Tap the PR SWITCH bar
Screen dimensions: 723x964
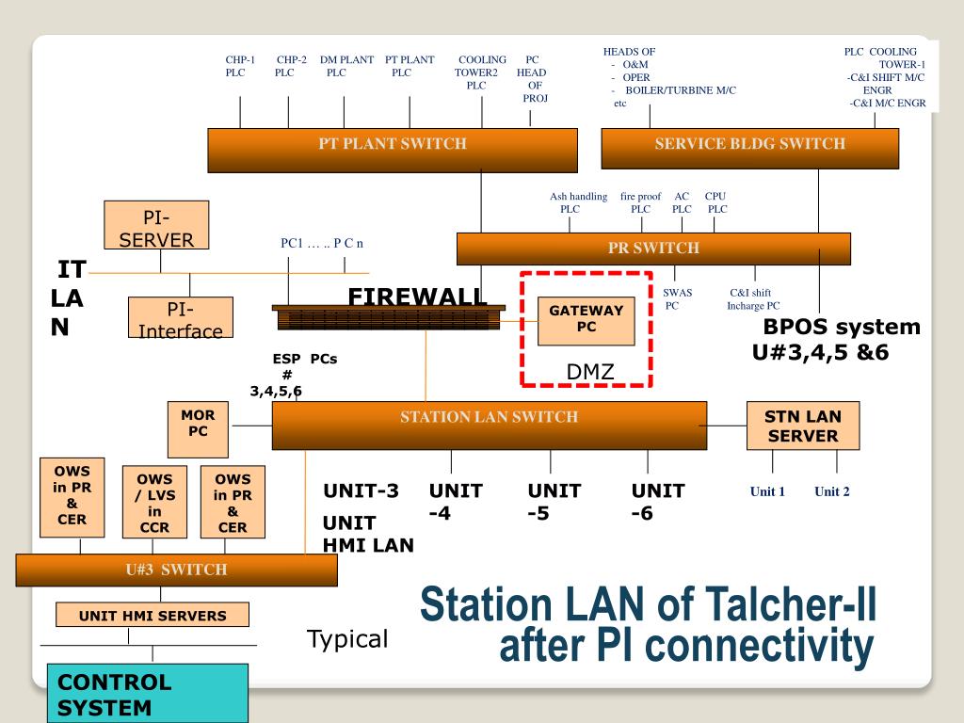(x=653, y=249)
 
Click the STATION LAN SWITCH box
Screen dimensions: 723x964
(x=489, y=426)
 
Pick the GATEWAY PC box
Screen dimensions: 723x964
(x=586, y=319)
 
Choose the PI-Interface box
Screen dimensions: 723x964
(x=181, y=319)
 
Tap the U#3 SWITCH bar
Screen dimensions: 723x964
(x=177, y=570)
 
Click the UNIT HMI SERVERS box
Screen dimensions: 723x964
(x=153, y=616)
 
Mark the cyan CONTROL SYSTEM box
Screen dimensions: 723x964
(x=148, y=694)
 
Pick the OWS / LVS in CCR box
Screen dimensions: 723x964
(x=154, y=503)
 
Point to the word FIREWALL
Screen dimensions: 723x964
(x=417, y=297)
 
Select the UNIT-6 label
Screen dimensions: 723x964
(x=657, y=502)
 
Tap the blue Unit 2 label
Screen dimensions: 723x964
(x=832, y=491)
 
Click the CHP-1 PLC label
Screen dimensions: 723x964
(x=240, y=66)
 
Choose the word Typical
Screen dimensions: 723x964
(x=347, y=640)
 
